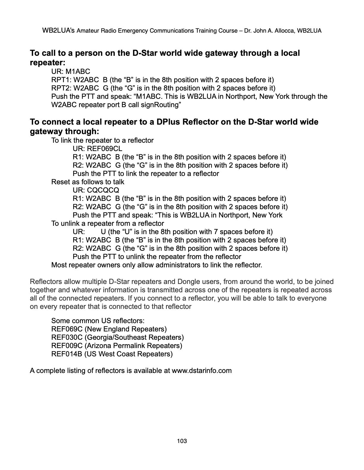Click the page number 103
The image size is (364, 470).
(x=182, y=441)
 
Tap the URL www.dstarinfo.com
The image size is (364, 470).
(x=202, y=371)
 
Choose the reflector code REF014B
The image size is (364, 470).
(x=67, y=354)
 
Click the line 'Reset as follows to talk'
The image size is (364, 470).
(x=88, y=182)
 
